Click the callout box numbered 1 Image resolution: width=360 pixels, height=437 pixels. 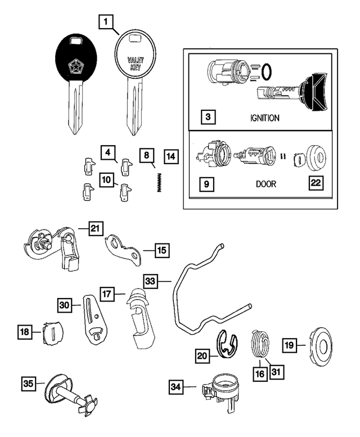(x=106, y=22)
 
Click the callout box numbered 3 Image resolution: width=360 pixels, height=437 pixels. (x=208, y=118)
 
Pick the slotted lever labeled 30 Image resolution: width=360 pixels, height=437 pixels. (x=92, y=318)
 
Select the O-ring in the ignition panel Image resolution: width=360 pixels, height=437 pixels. (x=268, y=71)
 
